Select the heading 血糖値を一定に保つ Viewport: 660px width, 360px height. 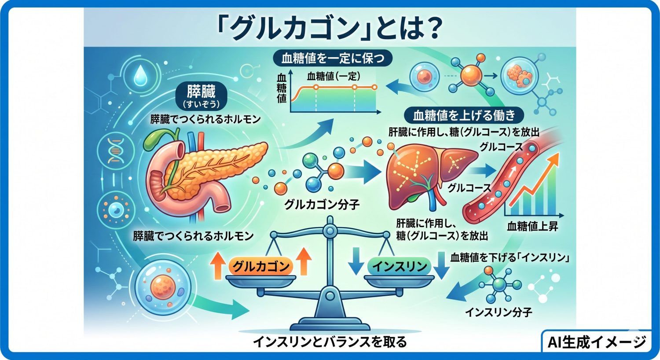333,59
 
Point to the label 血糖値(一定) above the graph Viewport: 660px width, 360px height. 334,76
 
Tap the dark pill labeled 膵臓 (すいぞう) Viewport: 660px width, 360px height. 201,97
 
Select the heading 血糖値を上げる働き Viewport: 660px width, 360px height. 464,115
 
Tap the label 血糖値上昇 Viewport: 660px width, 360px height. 532,227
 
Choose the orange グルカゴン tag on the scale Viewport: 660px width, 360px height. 261,266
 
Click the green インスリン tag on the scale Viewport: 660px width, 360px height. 400,266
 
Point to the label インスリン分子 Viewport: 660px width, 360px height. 499,312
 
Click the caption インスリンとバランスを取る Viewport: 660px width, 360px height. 330,342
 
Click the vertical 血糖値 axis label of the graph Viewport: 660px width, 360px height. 282,88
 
